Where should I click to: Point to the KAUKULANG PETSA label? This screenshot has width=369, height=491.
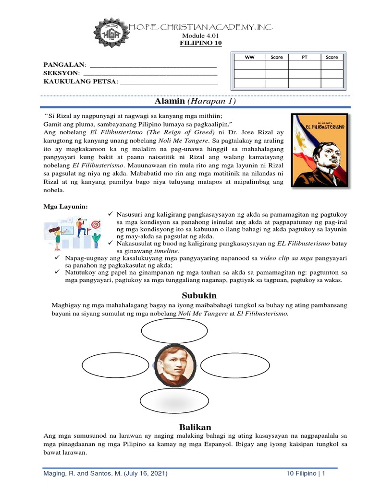[x=80, y=82]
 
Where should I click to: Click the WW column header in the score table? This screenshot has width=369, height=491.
[x=249, y=57]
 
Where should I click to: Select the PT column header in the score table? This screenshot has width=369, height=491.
[x=304, y=57]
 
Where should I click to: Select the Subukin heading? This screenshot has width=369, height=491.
[x=199, y=295]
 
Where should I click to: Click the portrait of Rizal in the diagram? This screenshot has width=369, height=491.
[x=175, y=365]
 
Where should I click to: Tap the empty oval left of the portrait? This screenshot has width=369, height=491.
[x=109, y=365]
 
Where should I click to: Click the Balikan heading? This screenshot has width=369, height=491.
[x=195, y=427]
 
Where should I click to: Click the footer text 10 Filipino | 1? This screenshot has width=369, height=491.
[x=303, y=473]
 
